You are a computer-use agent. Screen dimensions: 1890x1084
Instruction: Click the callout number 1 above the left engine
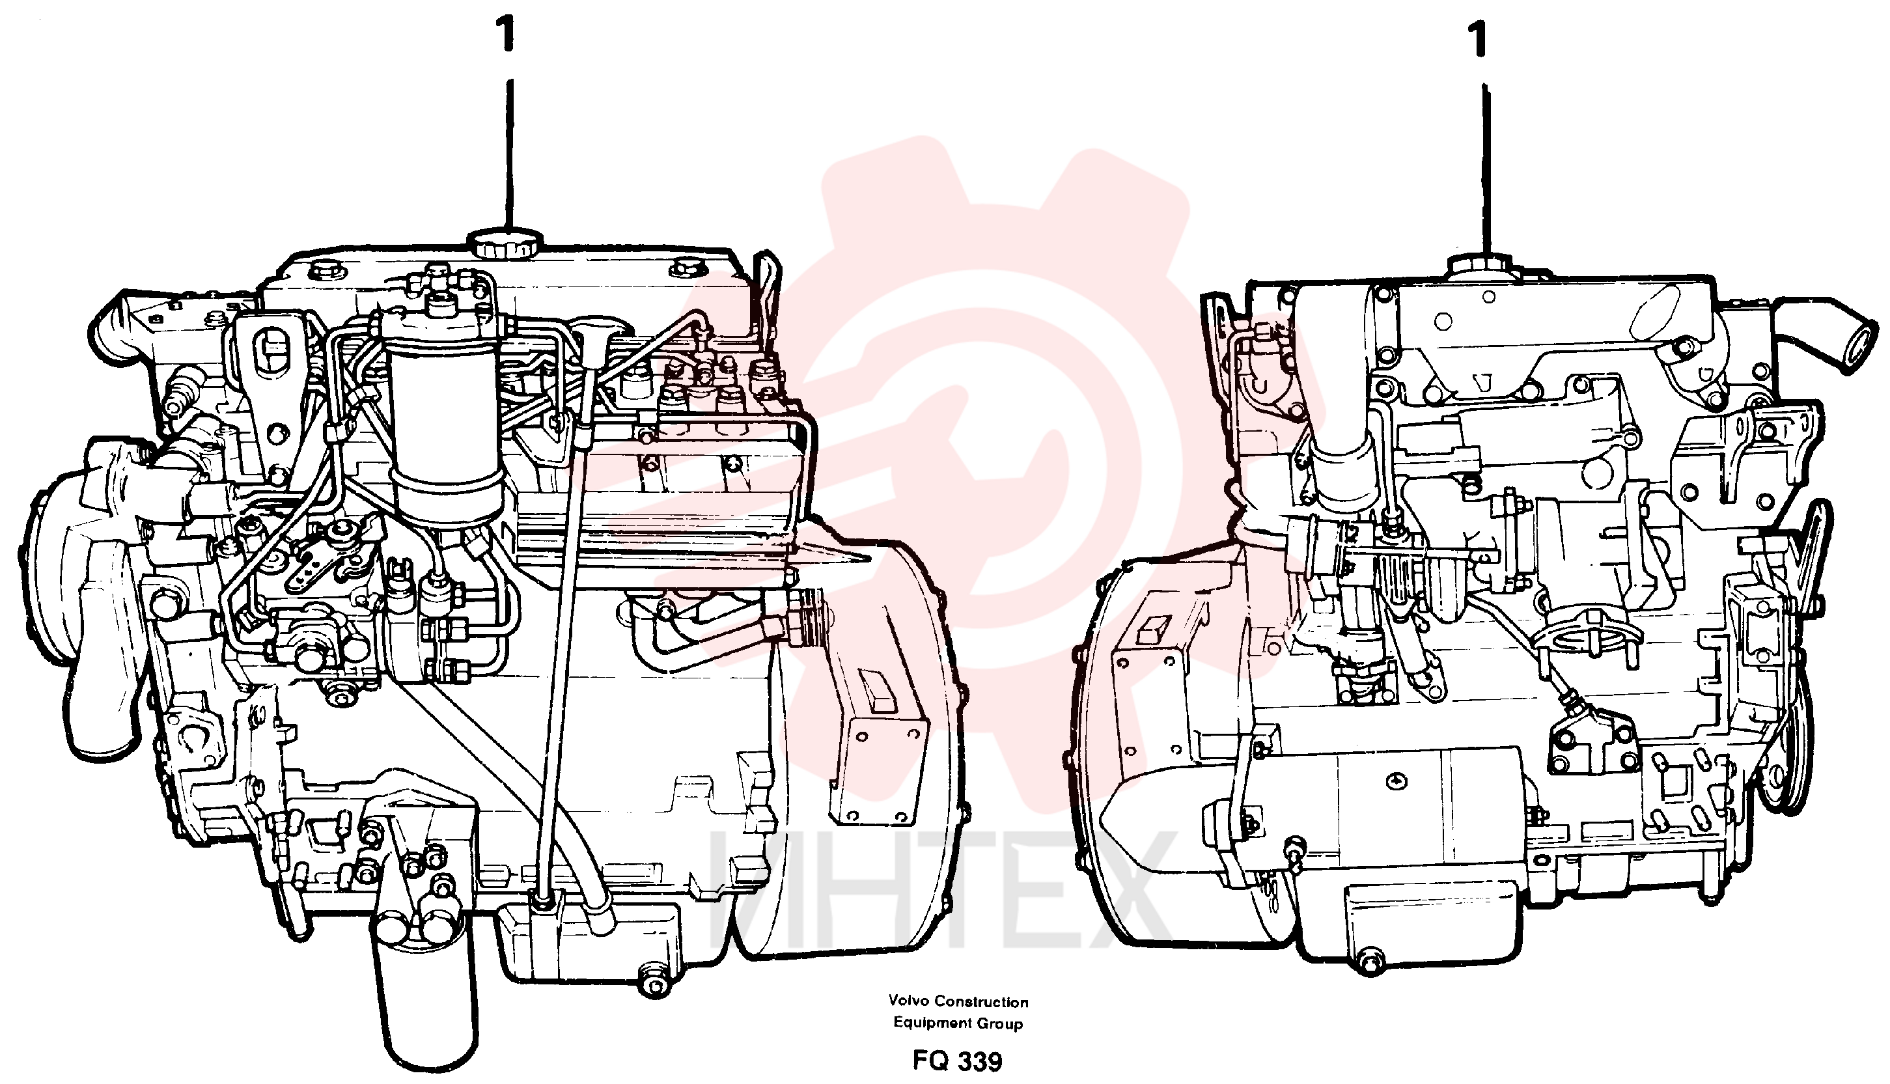tap(508, 36)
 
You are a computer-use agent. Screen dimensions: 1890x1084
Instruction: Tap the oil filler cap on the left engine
tap(505, 243)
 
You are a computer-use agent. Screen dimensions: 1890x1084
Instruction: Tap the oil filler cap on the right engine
tap(1480, 268)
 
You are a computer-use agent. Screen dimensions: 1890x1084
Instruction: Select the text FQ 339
tap(957, 1060)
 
